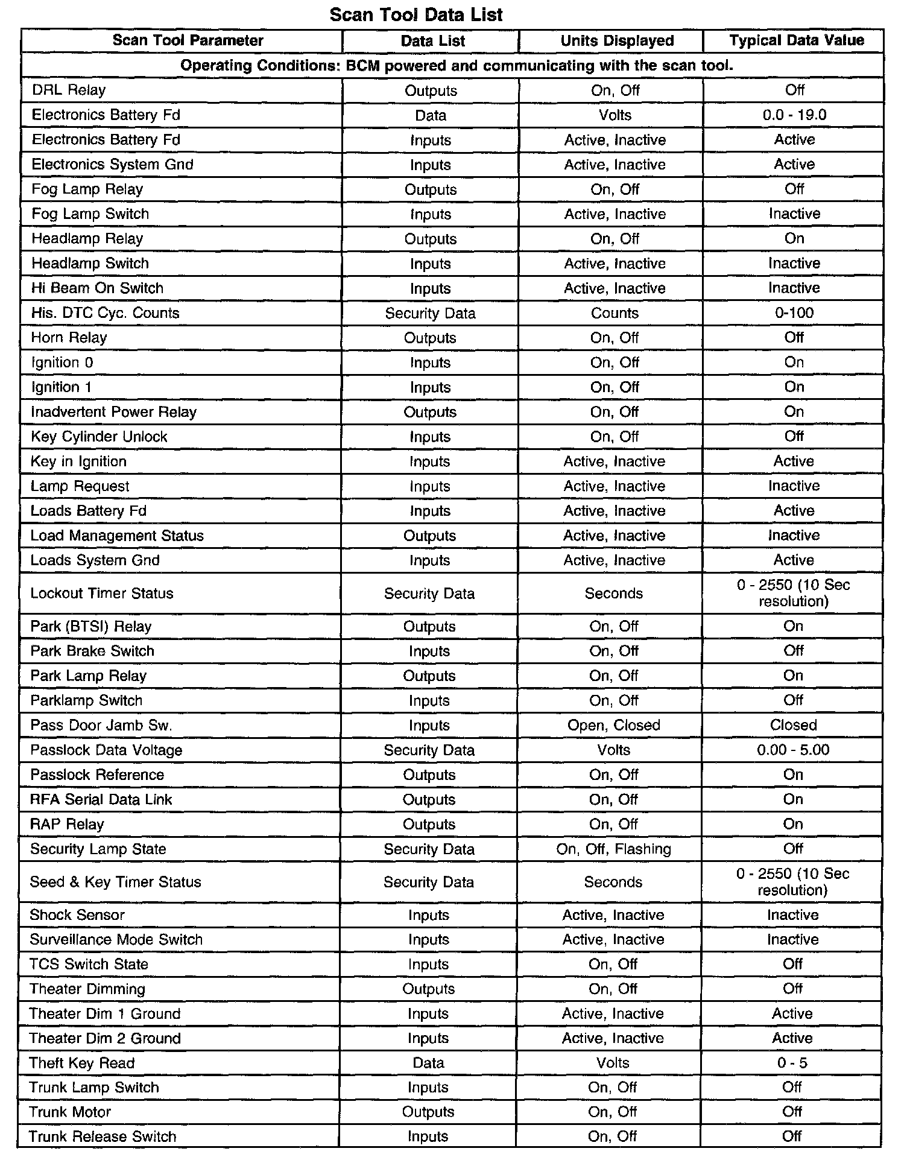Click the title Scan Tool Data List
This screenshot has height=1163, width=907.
tap(416, 14)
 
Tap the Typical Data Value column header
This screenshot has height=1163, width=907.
tap(796, 40)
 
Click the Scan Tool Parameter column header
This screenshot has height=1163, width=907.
tap(188, 40)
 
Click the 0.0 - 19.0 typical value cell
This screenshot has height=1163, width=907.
tap(794, 115)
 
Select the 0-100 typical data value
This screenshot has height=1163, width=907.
tap(794, 313)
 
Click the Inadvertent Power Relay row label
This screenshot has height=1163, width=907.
tap(113, 412)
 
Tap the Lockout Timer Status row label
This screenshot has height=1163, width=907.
tap(101, 594)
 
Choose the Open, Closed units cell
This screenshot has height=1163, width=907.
tap(613, 725)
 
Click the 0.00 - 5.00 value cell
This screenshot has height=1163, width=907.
tap(793, 750)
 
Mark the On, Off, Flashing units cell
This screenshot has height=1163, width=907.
tap(613, 849)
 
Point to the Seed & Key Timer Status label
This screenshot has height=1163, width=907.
tap(115, 882)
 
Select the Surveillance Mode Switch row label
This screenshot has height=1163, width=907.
tap(116, 939)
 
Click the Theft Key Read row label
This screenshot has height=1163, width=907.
tap(81, 1063)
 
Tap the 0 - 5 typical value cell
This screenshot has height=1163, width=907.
tap(792, 1063)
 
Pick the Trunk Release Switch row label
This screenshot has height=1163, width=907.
tap(103, 1136)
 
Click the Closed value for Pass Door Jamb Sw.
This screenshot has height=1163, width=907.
tap(793, 725)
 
